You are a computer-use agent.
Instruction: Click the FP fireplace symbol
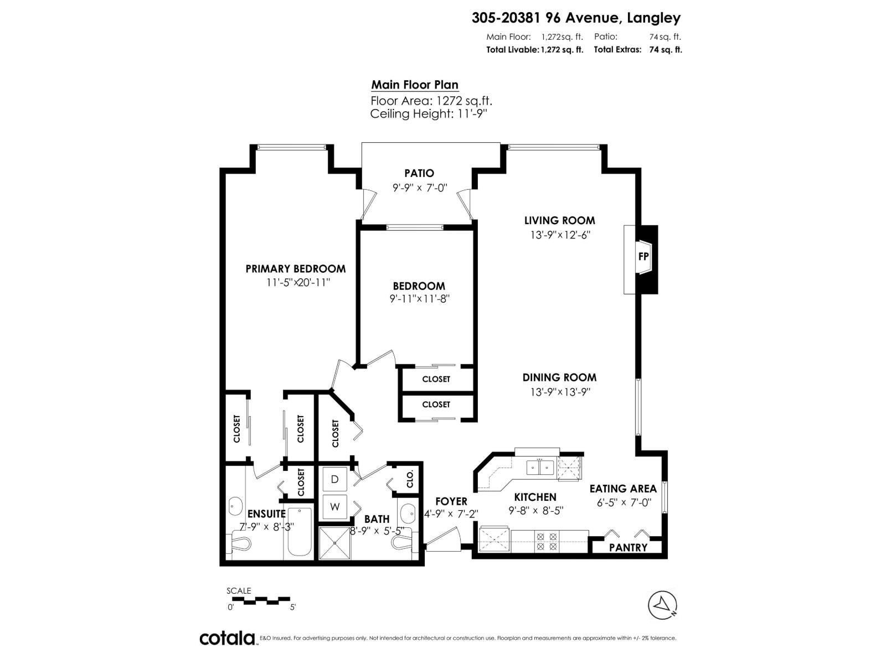[x=643, y=257]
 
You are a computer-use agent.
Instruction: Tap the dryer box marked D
[x=334, y=479]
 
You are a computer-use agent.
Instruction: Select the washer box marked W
[x=334, y=506]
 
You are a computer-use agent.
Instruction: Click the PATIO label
[x=419, y=173]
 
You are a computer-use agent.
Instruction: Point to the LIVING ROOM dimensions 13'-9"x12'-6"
[x=560, y=235]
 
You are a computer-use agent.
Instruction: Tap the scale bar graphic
[x=260, y=599]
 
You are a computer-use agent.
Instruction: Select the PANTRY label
[x=628, y=547]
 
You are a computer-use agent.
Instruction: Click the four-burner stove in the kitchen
[x=546, y=541]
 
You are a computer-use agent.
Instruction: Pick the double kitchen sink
[x=539, y=468]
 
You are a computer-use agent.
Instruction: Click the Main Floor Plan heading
[x=414, y=85]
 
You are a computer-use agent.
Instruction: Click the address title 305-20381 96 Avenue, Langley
[x=576, y=18]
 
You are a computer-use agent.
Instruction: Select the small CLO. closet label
[x=410, y=479]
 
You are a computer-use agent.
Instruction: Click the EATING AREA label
[x=622, y=489]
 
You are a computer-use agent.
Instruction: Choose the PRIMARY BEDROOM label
[x=295, y=269]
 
